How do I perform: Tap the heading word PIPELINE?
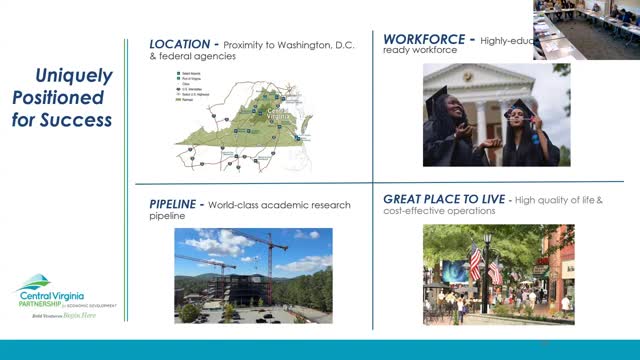click(174, 205)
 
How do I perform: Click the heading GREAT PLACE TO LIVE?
click(444, 199)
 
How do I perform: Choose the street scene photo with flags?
click(498, 273)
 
